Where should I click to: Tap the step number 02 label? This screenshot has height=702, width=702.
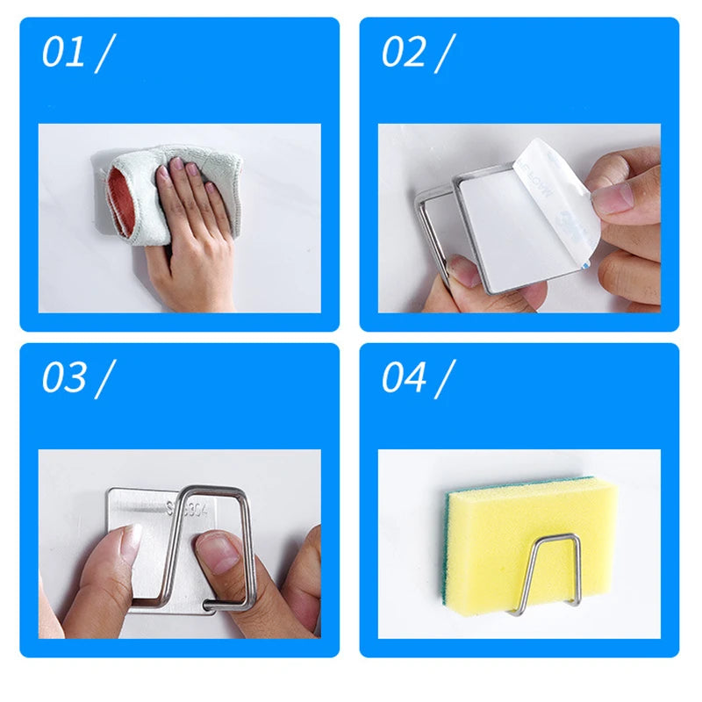(x=403, y=54)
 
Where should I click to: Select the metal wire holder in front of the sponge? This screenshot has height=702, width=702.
(x=545, y=570)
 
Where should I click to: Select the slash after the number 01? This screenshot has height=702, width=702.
(x=105, y=54)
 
